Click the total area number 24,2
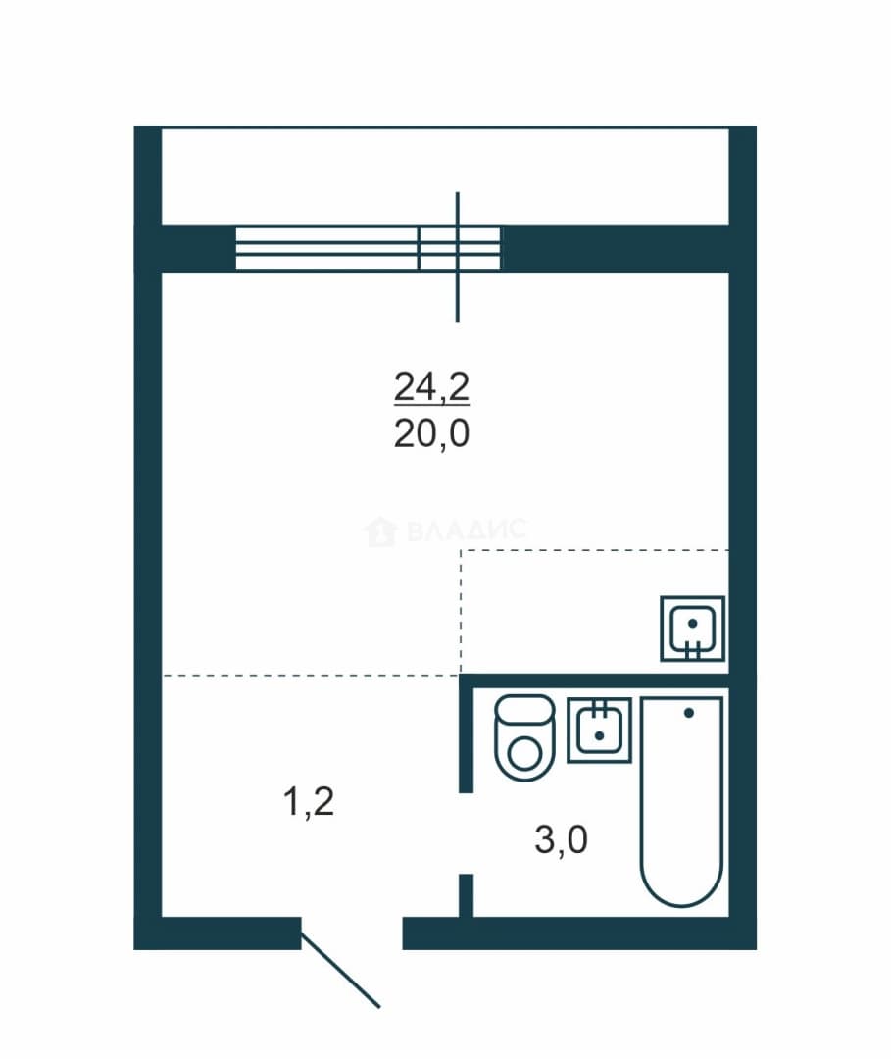point(431,387)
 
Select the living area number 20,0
point(431,433)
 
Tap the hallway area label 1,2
point(309,802)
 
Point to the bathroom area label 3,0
point(561,839)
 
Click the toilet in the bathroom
point(525,737)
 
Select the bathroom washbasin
point(599,731)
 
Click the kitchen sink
point(693,629)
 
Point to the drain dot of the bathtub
point(688,713)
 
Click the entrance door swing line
point(341,971)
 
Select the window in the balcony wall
point(368,248)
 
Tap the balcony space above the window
point(445,176)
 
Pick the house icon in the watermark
point(380,530)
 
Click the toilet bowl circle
point(524,754)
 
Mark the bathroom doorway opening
point(466,833)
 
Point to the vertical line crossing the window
point(458,257)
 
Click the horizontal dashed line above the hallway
point(311,675)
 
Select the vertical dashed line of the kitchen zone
point(461,612)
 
